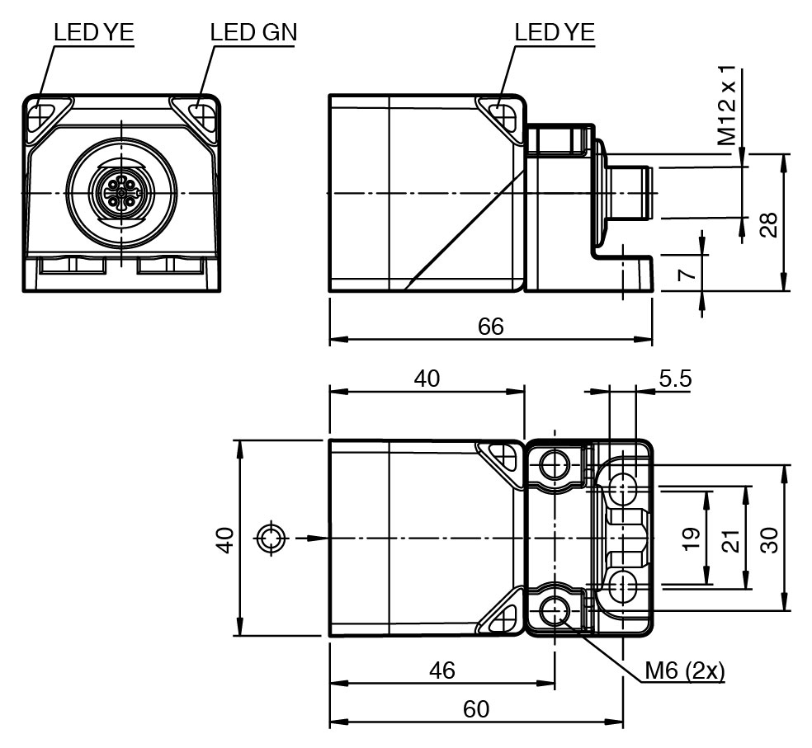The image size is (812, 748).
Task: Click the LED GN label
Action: (253, 32)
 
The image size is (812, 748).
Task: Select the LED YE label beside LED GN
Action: (93, 32)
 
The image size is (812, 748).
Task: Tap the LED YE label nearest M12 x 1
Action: (554, 32)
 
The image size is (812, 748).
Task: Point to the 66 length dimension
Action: (490, 326)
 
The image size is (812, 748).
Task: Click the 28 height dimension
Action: (768, 223)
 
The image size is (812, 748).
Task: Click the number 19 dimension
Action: (692, 539)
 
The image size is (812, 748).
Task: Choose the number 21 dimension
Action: (729, 539)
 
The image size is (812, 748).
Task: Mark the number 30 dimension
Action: (768, 539)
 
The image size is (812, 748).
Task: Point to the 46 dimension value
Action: (442, 670)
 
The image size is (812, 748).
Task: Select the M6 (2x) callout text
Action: (684, 671)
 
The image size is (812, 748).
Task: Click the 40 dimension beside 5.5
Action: (427, 379)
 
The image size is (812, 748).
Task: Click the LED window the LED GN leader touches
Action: (200, 113)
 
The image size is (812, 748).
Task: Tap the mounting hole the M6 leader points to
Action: (554, 611)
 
